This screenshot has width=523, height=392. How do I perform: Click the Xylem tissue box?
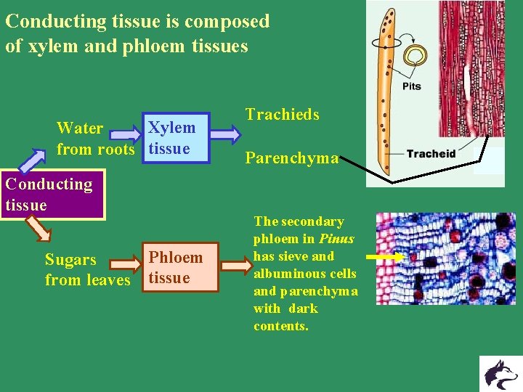(x=177, y=138)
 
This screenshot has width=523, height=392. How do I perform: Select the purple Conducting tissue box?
(x=52, y=195)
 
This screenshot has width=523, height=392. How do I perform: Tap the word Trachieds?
(x=282, y=115)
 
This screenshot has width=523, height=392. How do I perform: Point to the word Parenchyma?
(x=291, y=158)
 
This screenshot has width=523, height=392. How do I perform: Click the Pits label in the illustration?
(x=411, y=86)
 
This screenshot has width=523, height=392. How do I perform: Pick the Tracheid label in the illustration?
(x=431, y=153)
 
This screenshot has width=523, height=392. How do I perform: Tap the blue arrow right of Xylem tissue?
(x=226, y=134)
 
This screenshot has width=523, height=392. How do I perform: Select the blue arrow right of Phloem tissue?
(x=235, y=266)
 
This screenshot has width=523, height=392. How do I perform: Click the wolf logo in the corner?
(x=500, y=374)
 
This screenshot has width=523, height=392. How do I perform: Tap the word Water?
(x=80, y=128)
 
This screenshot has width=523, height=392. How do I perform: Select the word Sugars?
(x=70, y=260)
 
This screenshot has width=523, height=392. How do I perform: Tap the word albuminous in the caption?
(x=304, y=274)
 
